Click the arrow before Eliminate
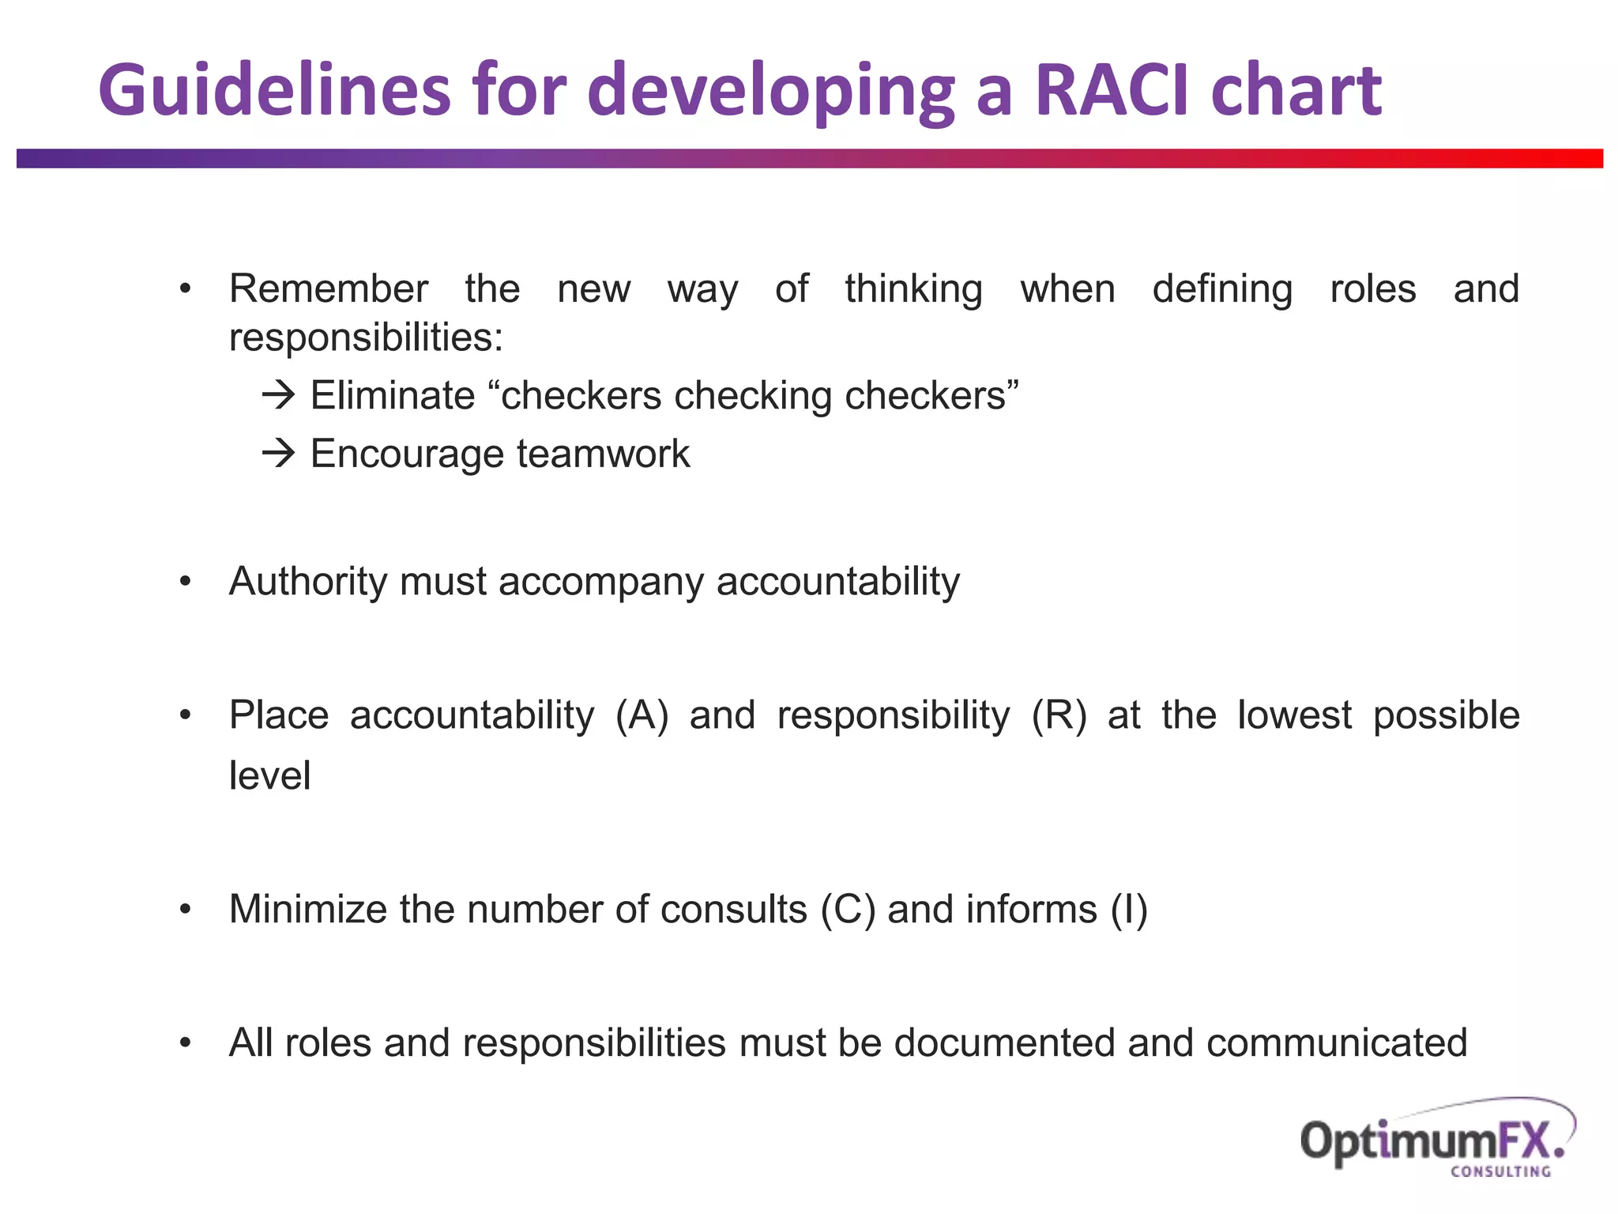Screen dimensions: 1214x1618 coord(278,394)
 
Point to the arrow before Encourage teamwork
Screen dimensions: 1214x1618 coord(278,453)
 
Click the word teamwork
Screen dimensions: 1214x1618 coord(604,454)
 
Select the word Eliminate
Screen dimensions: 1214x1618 coord(393,395)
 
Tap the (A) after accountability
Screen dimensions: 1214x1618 coord(642,715)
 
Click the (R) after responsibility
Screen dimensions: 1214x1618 coord(1059,715)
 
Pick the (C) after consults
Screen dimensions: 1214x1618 coord(848,909)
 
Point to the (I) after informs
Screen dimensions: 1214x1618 coord(1128,909)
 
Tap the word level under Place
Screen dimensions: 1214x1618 coord(269,775)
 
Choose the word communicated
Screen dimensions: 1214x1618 coord(1336,1042)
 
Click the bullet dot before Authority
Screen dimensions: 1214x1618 coord(186,582)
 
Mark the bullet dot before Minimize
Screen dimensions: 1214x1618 coord(186,910)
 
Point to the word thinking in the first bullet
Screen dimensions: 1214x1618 coord(913,289)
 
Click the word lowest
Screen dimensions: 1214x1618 coord(1294,715)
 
